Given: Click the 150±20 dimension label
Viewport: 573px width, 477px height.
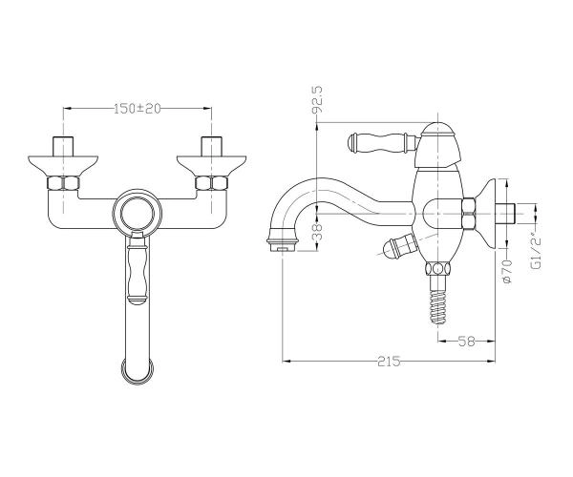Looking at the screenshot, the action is tap(137, 109).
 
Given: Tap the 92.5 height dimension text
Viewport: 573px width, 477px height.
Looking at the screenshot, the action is tap(317, 99).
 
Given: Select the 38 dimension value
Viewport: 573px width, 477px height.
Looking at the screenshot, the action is tap(318, 232).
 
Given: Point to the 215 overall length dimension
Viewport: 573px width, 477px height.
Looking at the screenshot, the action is tap(389, 362).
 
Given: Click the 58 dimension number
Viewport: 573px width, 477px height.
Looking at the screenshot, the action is tap(467, 342).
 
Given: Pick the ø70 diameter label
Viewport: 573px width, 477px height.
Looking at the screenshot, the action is tap(507, 271).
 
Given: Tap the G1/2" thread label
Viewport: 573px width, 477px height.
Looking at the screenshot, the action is tap(536, 252).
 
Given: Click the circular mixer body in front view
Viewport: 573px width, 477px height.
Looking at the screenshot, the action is tap(137, 213).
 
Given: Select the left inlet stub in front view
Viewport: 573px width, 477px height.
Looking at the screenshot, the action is tap(63, 146).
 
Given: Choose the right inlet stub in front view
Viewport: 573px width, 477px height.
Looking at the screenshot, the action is tap(212, 146).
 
